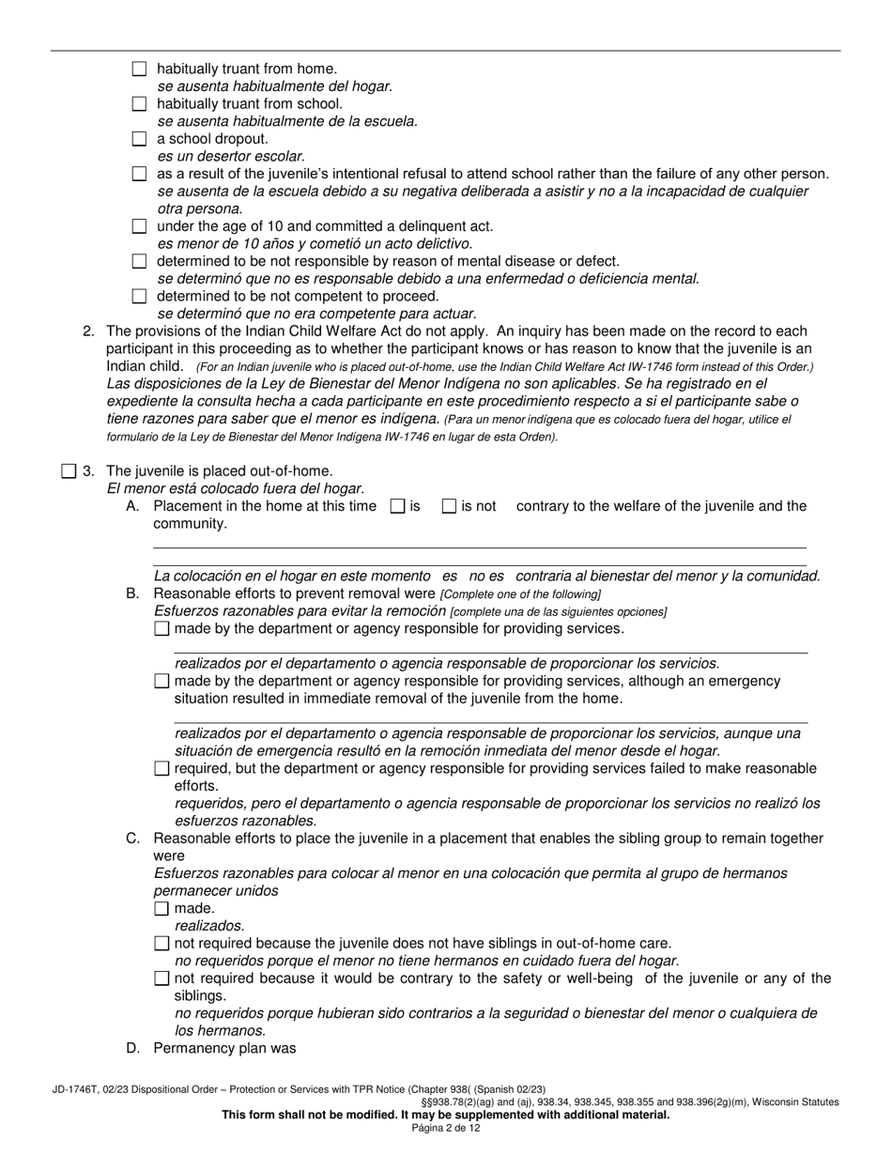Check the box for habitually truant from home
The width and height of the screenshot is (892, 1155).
point(140,69)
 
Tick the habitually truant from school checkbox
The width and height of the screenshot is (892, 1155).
point(140,103)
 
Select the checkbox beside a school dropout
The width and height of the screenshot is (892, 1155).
point(140,139)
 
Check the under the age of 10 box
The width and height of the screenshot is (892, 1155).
point(140,226)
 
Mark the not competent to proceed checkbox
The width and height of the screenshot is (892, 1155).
point(140,296)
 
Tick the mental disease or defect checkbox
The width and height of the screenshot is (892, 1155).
point(140,261)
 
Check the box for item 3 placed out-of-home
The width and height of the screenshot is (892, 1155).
point(69,471)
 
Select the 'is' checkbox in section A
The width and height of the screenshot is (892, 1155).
point(397,506)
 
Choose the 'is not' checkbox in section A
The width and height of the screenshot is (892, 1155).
point(450,506)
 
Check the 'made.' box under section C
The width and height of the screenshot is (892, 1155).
point(161,908)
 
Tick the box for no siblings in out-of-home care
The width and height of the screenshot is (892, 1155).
point(161,943)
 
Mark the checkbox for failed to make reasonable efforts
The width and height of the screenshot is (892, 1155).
point(161,769)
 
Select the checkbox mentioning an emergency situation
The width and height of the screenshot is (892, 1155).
point(161,682)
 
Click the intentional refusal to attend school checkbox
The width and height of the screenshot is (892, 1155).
point(140,174)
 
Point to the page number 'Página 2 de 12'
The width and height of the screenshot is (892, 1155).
point(445,1128)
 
